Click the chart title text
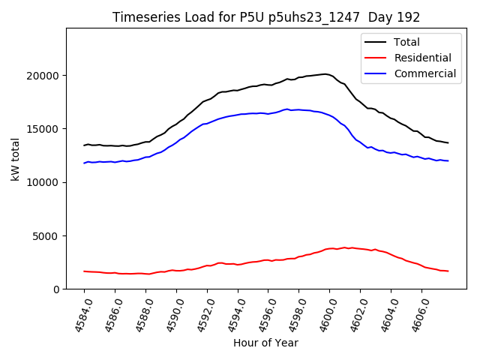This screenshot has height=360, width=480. click(x=266, y=17)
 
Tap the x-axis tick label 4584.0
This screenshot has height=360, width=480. click(x=79, y=313)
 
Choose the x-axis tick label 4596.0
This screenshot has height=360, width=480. click(x=262, y=313)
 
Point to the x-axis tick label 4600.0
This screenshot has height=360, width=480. click(x=324, y=313)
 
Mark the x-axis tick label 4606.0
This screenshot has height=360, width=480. click(x=416, y=313)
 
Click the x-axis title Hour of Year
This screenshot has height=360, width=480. click(x=265, y=343)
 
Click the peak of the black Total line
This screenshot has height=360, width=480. click(x=325, y=73)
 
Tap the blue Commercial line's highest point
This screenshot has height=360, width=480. click(x=287, y=109)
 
